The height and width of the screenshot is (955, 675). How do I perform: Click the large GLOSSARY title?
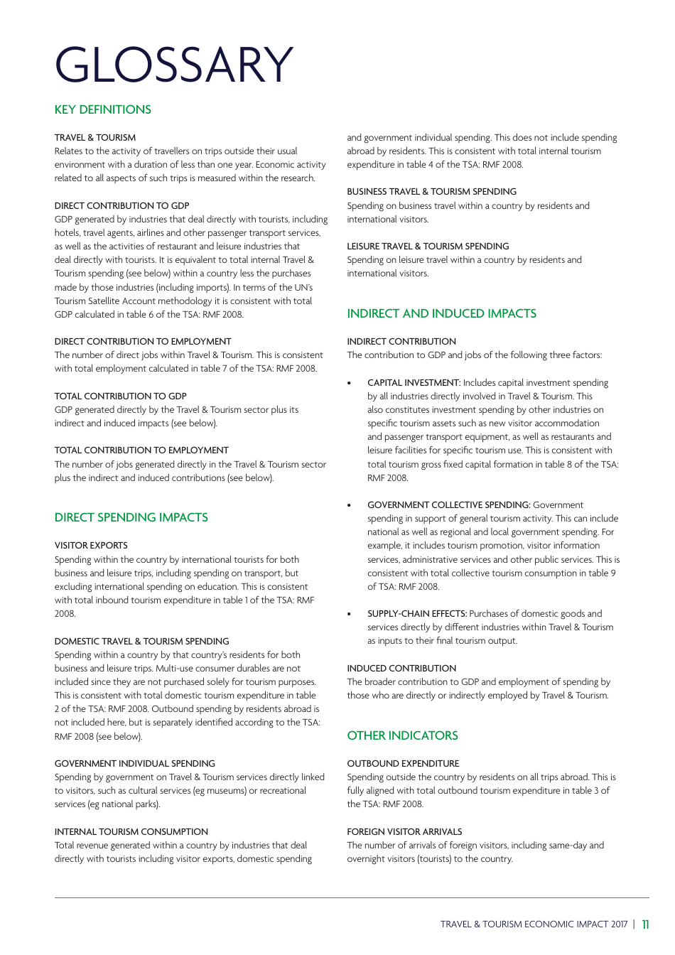tap(173, 65)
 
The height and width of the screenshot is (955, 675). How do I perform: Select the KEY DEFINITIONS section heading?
tap(102, 109)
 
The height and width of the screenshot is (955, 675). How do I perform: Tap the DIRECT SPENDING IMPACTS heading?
tap(131, 517)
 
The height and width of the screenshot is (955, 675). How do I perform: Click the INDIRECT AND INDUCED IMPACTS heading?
tap(441, 313)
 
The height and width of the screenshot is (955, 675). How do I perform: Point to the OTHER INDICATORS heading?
tap(402, 735)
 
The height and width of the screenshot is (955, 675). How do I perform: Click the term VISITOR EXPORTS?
tap(91, 546)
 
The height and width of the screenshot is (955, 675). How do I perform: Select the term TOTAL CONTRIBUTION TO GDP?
tap(120, 396)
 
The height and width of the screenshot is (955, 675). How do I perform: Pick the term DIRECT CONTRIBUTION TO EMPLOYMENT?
tap(143, 341)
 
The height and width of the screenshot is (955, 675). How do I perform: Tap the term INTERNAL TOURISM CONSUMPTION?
tap(131, 831)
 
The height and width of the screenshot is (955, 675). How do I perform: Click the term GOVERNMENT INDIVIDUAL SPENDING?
tap(134, 763)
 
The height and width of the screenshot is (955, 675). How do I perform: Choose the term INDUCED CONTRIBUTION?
tap(401, 668)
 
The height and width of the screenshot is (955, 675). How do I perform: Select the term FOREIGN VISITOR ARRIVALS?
tap(404, 831)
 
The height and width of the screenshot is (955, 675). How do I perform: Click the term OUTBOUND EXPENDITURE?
tap(403, 763)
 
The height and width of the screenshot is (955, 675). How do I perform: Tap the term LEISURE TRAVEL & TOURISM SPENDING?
tap(428, 246)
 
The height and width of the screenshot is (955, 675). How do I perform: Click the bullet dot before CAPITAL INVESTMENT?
tap(349, 383)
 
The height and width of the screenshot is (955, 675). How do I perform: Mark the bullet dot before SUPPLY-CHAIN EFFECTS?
tap(349, 614)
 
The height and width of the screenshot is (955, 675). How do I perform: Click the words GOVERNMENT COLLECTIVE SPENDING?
tap(448, 505)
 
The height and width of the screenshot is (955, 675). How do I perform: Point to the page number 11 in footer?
tap(645, 924)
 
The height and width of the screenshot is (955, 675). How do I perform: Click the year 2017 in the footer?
tap(619, 924)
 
